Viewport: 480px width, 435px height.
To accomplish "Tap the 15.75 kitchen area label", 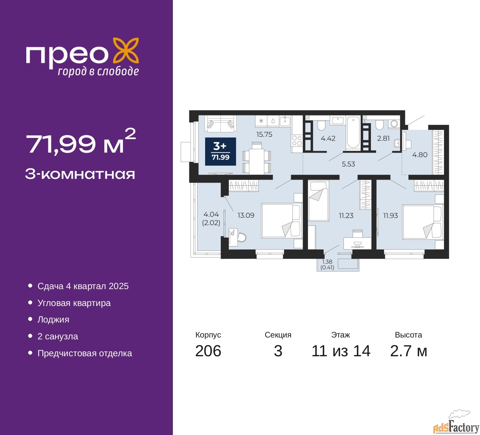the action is click(264, 135).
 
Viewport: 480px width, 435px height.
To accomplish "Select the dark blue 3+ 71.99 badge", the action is click(220, 151).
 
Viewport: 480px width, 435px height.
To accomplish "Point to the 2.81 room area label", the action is click(383, 138).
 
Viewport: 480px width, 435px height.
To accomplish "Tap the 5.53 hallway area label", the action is click(348, 164).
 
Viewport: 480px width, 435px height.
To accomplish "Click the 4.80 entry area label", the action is click(420, 155).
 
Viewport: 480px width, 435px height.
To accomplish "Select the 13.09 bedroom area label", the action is click(246, 215).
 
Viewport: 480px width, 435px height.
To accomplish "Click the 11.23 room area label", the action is click(346, 216).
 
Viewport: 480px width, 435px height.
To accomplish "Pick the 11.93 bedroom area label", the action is click(390, 216).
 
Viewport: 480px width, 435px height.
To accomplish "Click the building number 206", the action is click(208, 351).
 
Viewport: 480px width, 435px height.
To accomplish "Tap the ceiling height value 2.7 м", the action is click(408, 351).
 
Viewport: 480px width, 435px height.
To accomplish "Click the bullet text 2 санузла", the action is click(58, 336).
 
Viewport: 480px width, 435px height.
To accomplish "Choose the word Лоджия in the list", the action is click(53, 319).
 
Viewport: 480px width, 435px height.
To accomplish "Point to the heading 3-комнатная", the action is click(80, 174).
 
